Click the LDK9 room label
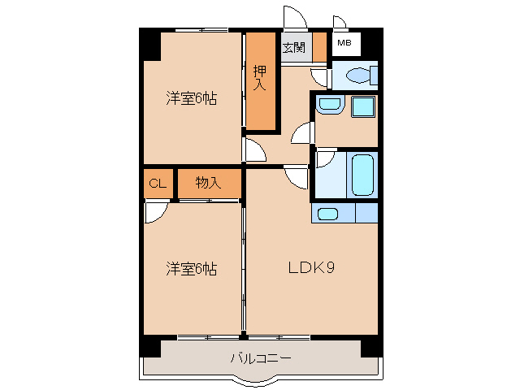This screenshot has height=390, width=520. point(308,268)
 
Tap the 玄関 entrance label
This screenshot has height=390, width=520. point(293,47)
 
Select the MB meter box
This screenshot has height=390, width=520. point(344,43)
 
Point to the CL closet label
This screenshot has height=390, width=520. point(158,184)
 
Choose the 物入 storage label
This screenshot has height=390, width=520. point(208,184)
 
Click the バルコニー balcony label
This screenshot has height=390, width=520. point(260,357)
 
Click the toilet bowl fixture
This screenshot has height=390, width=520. point(358,76)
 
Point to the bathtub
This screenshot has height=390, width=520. point(362,173)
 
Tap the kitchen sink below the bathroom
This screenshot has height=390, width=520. point(328,214)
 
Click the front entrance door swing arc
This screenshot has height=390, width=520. point(292,19)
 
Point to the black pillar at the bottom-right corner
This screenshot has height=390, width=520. point(371,345)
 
